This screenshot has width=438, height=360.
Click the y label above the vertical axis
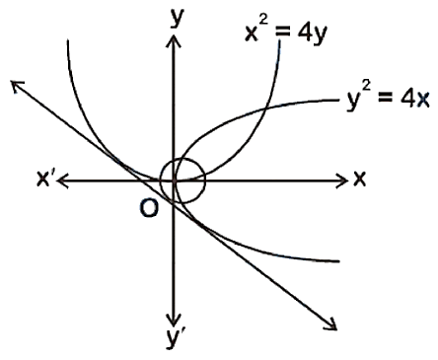[178, 19]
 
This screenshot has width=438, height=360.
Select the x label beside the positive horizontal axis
[359, 180]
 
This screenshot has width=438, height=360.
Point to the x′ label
[45, 179]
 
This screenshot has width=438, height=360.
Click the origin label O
[149, 208]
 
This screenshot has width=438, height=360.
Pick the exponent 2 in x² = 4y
[263, 22]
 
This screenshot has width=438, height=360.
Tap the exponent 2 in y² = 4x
[366, 87]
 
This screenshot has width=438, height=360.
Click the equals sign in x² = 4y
[286, 34]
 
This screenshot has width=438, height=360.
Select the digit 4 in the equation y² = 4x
[407, 99]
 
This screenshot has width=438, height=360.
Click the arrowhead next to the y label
[174, 41]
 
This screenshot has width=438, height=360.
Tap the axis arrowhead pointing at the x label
[342, 180]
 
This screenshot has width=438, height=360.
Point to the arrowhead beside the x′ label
[63, 180]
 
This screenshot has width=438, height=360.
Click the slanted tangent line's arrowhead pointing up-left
[16, 86]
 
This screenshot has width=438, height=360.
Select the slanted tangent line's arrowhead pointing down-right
[332, 324]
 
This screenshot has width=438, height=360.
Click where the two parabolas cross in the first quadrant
[265, 108]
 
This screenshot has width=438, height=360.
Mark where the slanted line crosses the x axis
[140, 180]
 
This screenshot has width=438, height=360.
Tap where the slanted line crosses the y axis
[174, 206]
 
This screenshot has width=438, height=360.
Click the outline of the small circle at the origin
[205, 180]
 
